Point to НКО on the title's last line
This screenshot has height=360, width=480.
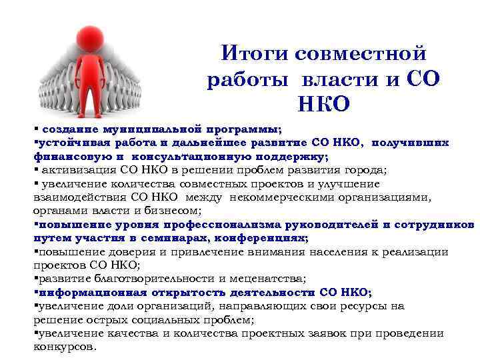pyautogui.click(x=324, y=105)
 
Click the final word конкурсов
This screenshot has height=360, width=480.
pyautogui.click(x=64, y=347)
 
